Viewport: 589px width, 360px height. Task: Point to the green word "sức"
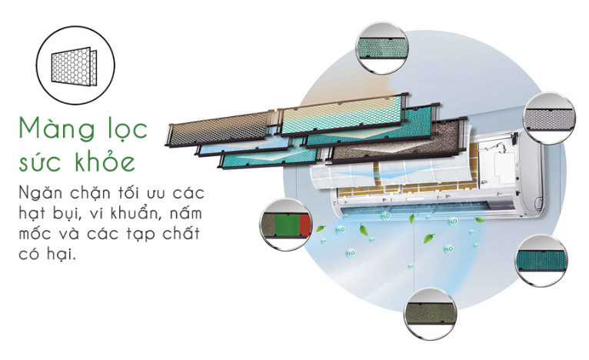pos(42,162)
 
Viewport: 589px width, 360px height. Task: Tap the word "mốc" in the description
pos(35,234)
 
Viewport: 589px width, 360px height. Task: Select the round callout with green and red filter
pos(286,225)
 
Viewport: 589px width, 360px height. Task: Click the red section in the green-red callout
pos(306,225)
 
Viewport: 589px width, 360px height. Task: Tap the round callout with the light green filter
pos(382,48)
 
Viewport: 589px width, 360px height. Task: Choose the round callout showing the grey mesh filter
pos(551,118)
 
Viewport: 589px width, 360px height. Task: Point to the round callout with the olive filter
pos(431,313)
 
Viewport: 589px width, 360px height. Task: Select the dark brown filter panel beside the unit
pos(396,144)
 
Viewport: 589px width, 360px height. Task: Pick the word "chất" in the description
pos(181,233)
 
